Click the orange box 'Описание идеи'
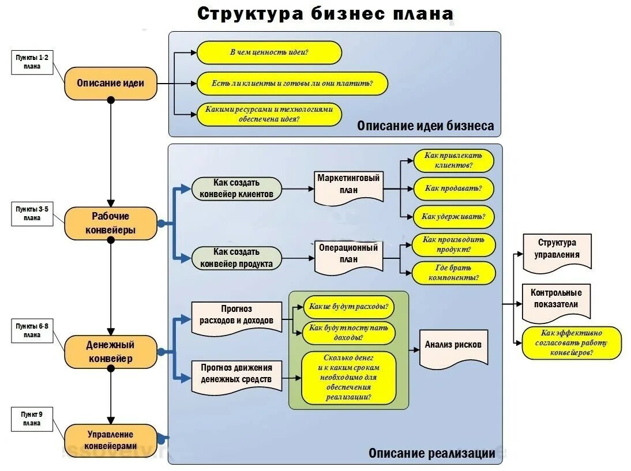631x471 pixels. (x=110, y=83)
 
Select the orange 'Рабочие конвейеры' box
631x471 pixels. (x=110, y=223)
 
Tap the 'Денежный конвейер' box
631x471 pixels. (x=110, y=352)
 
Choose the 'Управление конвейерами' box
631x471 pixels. (x=110, y=440)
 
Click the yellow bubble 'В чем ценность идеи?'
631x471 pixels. (x=269, y=52)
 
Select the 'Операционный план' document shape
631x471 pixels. (x=348, y=254)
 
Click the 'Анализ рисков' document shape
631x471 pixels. (x=453, y=346)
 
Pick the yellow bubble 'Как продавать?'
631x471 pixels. (x=453, y=189)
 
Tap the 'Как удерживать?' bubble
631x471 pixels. (x=453, y=217)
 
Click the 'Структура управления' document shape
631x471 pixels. (x=557, y=250)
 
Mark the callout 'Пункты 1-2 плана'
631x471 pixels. (x=32, y=62)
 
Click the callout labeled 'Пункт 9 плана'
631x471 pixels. (x=32, y=419)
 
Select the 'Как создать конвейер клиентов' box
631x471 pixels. (x=236, y=189)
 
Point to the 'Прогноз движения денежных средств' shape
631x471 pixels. (x=236, y=374)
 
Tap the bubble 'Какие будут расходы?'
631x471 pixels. (x=348, y=307)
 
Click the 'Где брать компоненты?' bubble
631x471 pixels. (x=453, y=273)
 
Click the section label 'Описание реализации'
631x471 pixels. (x=431, y=453)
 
